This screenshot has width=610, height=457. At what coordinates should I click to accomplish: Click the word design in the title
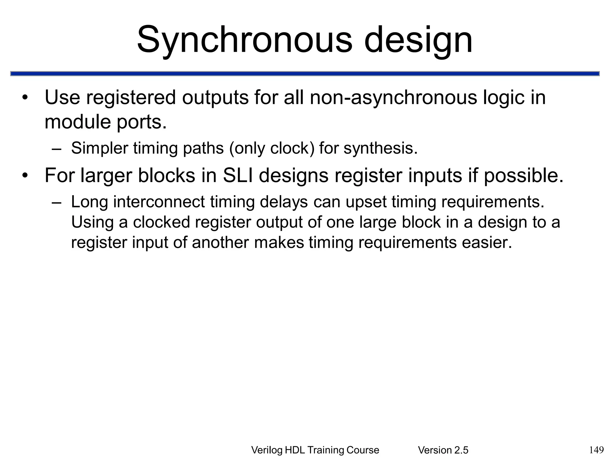tap(418, 40)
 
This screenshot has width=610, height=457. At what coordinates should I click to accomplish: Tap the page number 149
tap(596, 449)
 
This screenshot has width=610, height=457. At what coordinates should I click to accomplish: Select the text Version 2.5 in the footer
tap(443, 450)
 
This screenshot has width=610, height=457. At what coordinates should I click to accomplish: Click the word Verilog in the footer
tap(267, 450)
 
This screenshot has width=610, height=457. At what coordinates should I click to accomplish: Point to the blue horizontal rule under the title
tap(305, 73)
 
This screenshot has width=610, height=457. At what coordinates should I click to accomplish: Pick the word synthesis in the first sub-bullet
tap(380, 148)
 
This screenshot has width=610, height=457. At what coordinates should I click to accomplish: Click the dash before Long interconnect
tap(56, 203)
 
